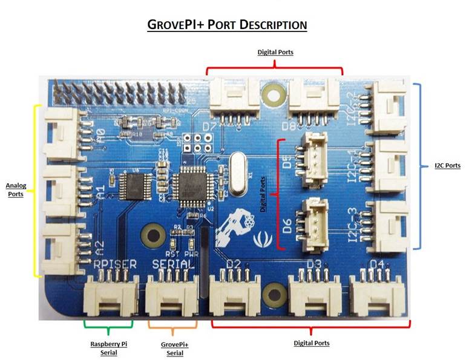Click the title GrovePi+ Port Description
pos(228,25)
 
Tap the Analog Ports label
pos(15,189)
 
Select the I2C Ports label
pos(447,165)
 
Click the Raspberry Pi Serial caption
pos(109,349)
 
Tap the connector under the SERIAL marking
pos(172,296)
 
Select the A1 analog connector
pos(63,190)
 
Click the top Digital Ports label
pos(275,53)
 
